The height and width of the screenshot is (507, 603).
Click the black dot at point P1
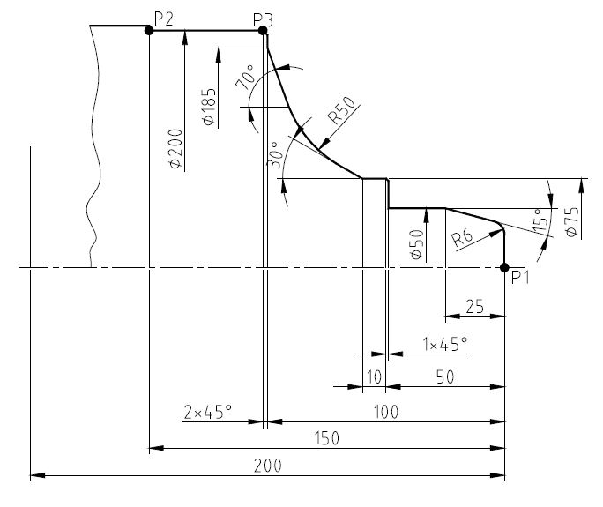[504, 267]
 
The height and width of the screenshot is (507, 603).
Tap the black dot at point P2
[149, 30]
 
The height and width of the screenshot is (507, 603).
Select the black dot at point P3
[263, 30]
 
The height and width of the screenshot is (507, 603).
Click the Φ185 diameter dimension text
[208, 107]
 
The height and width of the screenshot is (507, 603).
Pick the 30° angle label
[274, 155]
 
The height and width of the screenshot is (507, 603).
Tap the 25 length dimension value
[474, 308]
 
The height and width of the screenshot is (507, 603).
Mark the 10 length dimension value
[373, 377]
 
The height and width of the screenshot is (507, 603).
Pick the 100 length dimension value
[386, 412]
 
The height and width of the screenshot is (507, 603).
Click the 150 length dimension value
[327, 438]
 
